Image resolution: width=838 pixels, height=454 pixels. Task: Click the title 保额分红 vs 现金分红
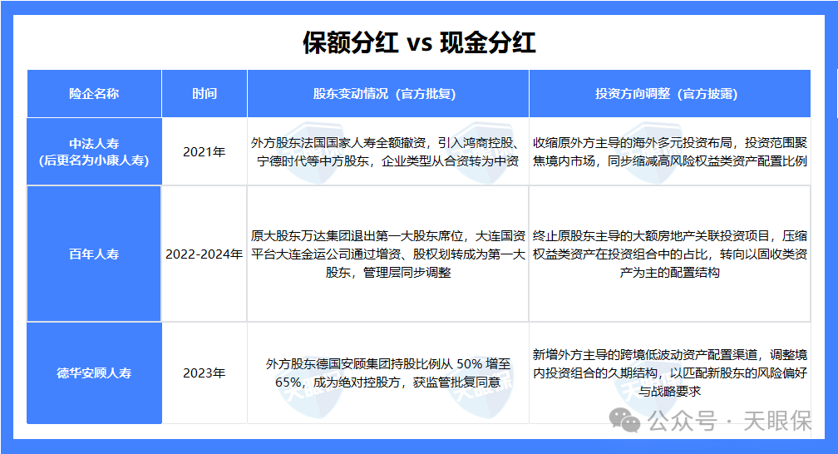[x=419, y=42]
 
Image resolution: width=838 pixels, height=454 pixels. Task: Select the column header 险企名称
[x=94, y=94]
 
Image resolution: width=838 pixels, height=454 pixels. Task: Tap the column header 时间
[x=204, y=94]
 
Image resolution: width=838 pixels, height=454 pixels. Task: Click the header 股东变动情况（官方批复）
[x=387, y=94]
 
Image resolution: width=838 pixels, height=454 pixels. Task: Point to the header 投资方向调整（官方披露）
[x=669, y=94]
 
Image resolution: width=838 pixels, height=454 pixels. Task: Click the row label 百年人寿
[x=94, y=254]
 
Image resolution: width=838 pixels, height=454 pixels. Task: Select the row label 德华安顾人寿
[x=94, y=373]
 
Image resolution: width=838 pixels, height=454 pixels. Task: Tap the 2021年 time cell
[x=204, y=151]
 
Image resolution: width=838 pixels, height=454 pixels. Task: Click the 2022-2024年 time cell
[x=204, y=254]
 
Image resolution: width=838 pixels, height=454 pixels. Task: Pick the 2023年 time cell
[x=204, y=373]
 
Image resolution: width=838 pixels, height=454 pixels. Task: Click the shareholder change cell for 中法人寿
[x=387, y=151]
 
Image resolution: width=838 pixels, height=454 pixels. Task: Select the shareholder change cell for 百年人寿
[x=387, y=254]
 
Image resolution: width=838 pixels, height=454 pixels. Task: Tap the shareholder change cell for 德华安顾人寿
[x=387, y=373]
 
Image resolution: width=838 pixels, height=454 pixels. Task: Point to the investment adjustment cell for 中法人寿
[x=669, y=151]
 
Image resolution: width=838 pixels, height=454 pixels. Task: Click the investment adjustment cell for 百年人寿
[x=669, y=254]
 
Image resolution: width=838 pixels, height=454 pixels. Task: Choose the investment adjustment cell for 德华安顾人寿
[x=669, y=373]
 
